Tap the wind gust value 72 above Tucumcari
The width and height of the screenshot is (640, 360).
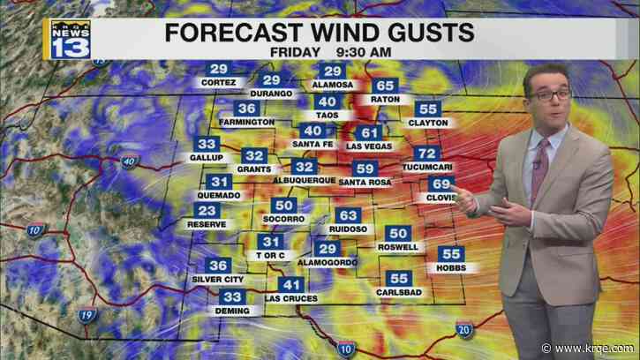(426, 154)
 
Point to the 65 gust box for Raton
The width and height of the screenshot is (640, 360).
(384, 86)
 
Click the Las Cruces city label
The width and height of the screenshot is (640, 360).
(291, 297)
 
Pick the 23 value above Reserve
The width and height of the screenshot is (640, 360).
(207, 210)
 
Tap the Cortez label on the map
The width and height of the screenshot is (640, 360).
(217, 82)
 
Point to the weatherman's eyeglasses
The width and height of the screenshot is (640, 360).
(551, 94)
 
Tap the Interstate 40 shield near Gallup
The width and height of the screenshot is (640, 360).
(128, 161)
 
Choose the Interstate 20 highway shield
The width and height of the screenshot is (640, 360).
(464, 330)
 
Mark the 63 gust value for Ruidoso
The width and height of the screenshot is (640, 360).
(349, 215)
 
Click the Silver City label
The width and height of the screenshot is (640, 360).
(218, 279)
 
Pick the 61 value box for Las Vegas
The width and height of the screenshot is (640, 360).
(370, 133)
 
